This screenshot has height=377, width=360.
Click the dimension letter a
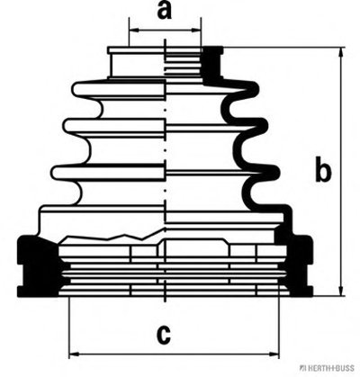click(165, 11)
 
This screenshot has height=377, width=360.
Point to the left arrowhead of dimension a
click(134, 30)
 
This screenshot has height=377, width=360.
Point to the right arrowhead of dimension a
click(196, 30)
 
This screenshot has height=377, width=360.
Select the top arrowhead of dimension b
click(341, 52)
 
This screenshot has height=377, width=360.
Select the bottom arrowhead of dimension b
click(341, 291)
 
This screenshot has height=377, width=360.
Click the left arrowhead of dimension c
click(75, 355)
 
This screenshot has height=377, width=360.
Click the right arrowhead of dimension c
click(274, 355)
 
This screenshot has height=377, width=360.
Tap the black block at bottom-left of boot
click(39, 265)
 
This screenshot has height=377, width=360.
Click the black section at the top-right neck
click(213, 65)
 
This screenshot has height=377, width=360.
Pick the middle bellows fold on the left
click(114, 129)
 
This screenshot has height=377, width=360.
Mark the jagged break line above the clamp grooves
click(113, 236)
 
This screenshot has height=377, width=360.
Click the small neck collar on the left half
click(137, 62)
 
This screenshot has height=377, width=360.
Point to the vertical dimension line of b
click(341, 171)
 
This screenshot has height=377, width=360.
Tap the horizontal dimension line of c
click(174, 355)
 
